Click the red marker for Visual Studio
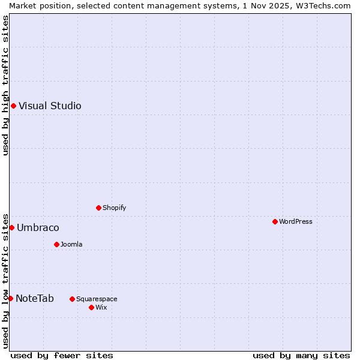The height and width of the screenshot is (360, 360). point(13,106)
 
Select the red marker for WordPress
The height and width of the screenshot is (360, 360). point(275,221)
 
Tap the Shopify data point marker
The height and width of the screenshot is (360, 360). point(98,208)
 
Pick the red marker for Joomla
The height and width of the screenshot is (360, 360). point(56,244)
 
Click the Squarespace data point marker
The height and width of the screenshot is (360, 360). point(72,299)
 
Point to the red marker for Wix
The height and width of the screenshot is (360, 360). point(91,307)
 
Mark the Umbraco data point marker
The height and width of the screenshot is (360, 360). point(11,227)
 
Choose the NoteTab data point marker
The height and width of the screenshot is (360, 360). point(10,298)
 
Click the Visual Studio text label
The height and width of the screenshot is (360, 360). point(50,106)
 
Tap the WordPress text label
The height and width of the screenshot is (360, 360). point(295,221)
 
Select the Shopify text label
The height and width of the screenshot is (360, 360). point(114,208)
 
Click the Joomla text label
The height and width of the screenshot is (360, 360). point(71,244)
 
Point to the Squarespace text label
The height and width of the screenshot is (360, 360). point(97,299)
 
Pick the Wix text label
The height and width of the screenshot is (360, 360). point(101,307)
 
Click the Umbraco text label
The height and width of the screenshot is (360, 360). point(38,227)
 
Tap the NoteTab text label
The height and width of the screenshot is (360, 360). point(35,298)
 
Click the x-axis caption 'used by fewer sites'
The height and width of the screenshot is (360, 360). point(62,355)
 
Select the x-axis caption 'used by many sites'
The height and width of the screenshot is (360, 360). point(301,355)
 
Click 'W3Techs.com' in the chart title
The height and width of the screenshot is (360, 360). point(326,5)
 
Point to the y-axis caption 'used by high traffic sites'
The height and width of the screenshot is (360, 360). point(5,85)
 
